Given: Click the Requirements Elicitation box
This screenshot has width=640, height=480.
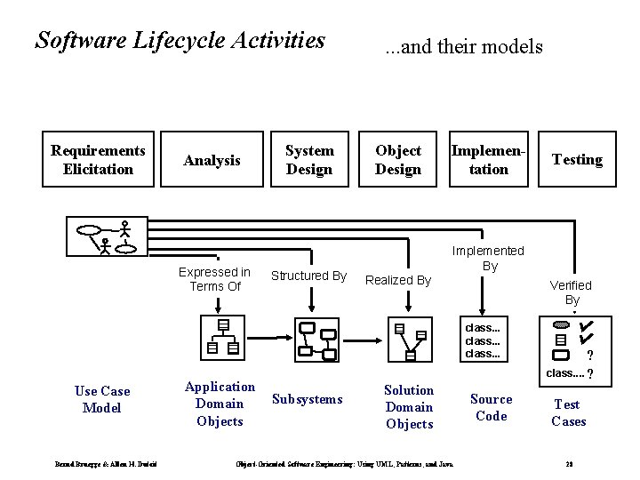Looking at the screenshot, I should click(x=98, y=160).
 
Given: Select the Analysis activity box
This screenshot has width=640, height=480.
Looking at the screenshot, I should click(x=212, y=161).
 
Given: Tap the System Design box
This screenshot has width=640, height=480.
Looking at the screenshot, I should click(x=309, y=160).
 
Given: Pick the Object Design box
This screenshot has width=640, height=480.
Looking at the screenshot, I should click(x=397, y=160).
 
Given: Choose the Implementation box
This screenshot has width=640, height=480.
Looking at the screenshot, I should click(x=488, y=160).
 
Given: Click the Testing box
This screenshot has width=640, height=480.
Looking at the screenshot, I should click(x=577, y=160).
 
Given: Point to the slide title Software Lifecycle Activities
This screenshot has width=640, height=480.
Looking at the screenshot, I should click(x=180, y=41).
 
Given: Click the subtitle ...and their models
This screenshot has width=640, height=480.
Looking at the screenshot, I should click(x=463, y=46).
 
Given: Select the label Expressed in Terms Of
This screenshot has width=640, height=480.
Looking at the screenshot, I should click(x=214, y=279).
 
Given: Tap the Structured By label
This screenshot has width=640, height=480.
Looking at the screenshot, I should click(x=308, y=276).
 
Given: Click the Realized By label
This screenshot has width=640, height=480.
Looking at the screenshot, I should click(x=398, y=280).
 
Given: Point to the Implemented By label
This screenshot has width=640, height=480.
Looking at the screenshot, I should click(x=489, y=259).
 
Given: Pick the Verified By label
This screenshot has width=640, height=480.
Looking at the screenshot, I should click(x=570, y=292).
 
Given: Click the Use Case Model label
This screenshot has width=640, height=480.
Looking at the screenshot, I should click(x=102, y=399).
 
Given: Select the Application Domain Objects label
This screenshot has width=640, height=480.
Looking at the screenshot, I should click(x=219, y=404).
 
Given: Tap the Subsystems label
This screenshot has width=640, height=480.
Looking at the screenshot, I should click(x=307, y=399).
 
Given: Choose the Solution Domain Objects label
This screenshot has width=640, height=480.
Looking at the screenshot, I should click(x=409, y=407).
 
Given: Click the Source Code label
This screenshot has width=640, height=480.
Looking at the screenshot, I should click(x=491, y=408).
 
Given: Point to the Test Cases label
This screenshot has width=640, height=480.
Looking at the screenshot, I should click(x=569, y=412).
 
